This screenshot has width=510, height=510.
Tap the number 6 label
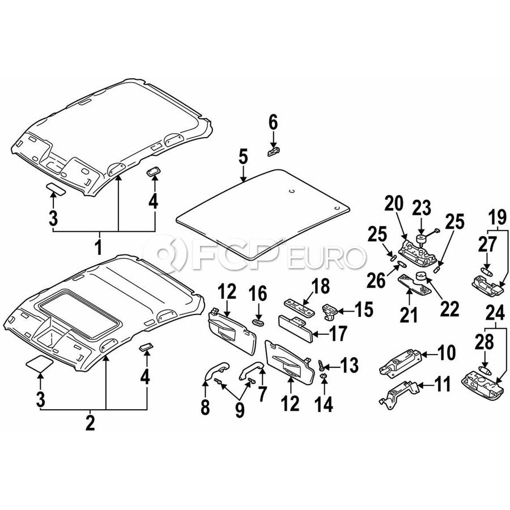point(273,121)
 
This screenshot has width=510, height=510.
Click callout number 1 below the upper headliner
point(98,247)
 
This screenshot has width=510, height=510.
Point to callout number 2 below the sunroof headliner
point(90,423)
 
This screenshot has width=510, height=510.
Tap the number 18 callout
point(320,286)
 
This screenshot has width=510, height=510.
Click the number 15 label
point(364,309)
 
